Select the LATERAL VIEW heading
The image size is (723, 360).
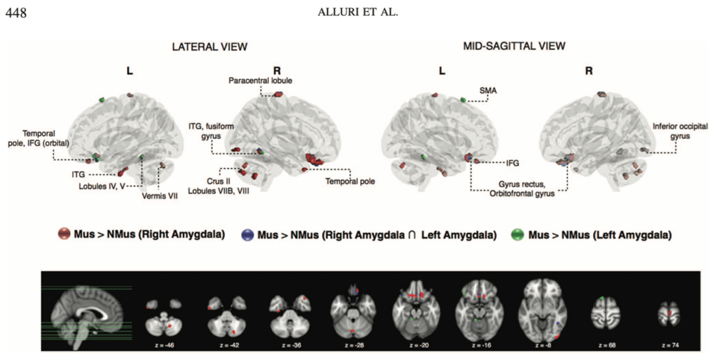(x=210, y=47)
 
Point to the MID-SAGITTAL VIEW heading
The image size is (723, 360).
(x=514, y=47)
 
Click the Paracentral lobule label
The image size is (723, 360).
(x=261, y=80)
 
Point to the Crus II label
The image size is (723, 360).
(x=205, y=169)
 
